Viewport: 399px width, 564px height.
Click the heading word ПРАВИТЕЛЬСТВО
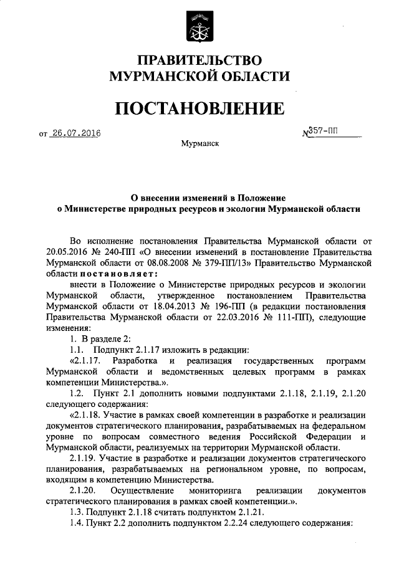(x=199, y=60)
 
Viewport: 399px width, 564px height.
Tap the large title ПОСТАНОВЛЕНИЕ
(x=199, y=110)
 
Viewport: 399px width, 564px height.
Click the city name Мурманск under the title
(x=199, y=144)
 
